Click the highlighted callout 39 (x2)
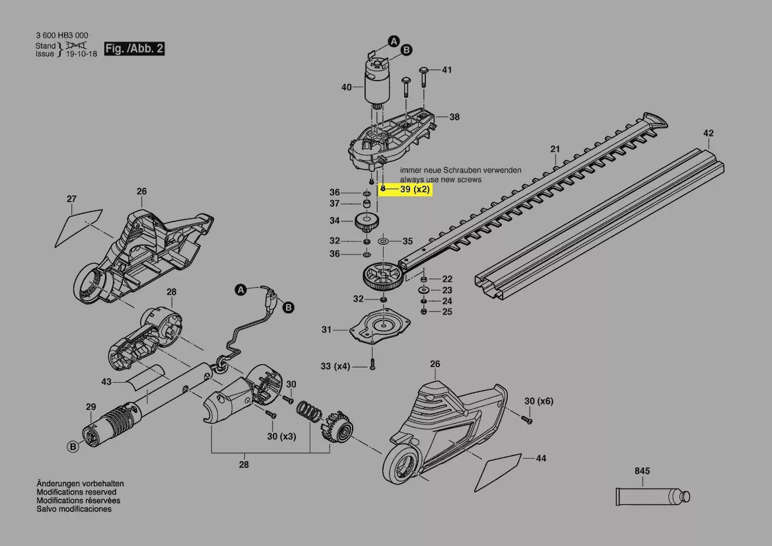(x=414, y=189)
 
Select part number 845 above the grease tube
(x=642, y=471)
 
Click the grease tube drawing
(x=650, y=495)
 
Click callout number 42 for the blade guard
(x=708, y=134)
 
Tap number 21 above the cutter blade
(x=555, y=149)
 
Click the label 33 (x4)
(x=335, y=366)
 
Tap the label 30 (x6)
(x=539, y=401)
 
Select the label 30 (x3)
(x=281, y=436)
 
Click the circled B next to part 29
(x=73, y=448)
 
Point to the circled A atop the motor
(x=394, y=42)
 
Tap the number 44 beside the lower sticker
(x=541, y=458)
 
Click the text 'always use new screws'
(x=440, y=180)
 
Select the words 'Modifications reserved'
(x=76, y=492)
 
